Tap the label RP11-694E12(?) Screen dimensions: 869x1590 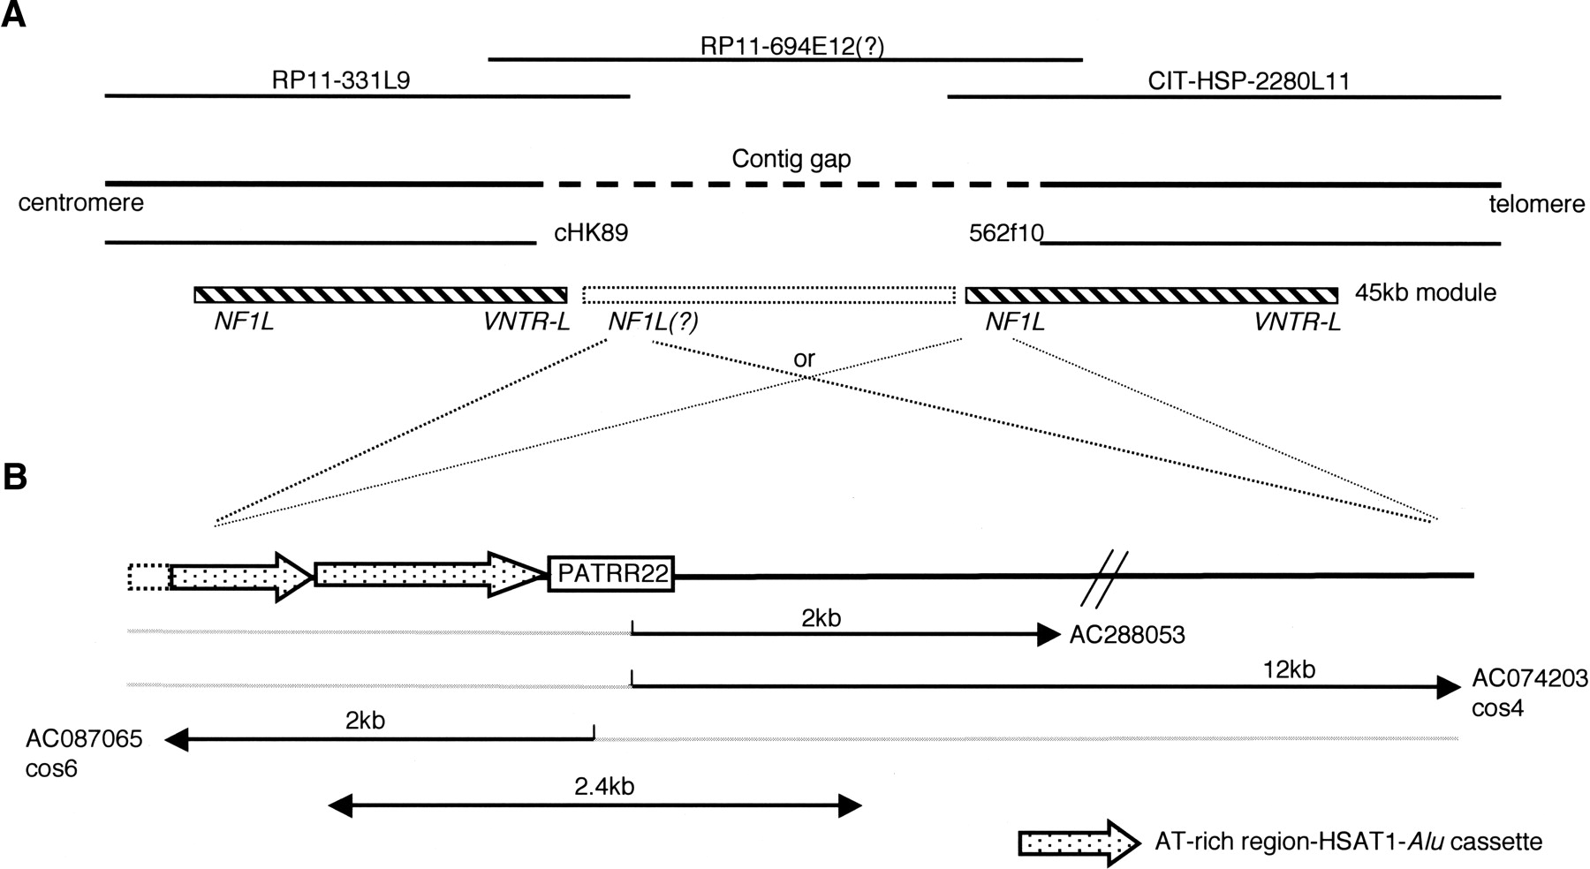[x=791, y=46]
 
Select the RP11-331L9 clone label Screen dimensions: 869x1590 [x=341, y=81]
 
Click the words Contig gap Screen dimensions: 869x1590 [x=791, y=160]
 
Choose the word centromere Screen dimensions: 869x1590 [x=80, y=203]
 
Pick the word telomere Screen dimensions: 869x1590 [x=1537, y=204]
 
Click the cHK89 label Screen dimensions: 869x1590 [x=590, y=233]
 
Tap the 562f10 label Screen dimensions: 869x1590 [x=1006, y=233]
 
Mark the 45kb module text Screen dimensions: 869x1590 [x=1425, y=292]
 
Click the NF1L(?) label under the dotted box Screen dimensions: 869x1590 [x=653, y=322]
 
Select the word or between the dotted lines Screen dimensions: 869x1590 [x=804, y=359]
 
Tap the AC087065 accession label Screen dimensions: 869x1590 [x=84, y=738]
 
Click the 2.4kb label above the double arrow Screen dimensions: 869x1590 [x=604, y=786]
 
